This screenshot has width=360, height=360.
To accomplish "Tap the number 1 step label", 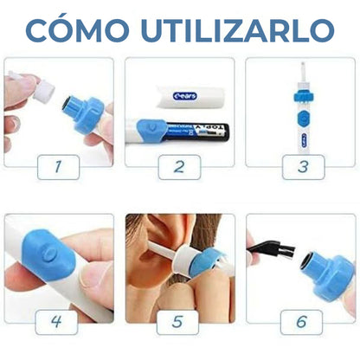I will tap(58, 165).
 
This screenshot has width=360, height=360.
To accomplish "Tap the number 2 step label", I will tap(179, 165).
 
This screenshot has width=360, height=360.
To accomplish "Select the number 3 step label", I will tap(301, 165).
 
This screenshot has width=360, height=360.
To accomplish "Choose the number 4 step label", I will tap(58, 322).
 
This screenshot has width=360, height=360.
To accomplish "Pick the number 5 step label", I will tap(179, 322).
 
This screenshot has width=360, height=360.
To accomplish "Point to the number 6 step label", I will tap(301, 322).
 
